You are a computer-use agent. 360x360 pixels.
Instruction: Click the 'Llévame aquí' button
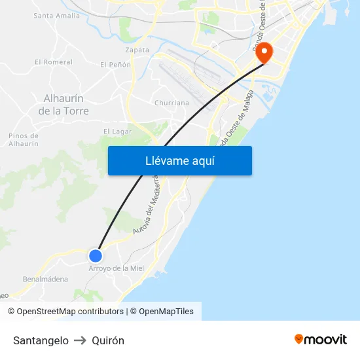179,160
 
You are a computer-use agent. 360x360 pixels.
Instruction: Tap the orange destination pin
264,53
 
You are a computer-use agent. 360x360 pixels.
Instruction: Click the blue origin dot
96,255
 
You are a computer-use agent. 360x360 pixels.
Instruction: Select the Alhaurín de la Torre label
63,105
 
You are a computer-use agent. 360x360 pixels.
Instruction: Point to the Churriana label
171,103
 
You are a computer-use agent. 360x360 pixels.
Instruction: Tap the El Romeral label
54,62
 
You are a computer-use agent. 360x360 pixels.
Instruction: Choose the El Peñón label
115,65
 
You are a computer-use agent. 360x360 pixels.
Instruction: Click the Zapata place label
137,49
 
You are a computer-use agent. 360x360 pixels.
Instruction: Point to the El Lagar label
117,132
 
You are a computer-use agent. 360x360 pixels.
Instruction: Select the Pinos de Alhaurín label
24,139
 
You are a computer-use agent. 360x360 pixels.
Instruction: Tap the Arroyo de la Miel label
116,268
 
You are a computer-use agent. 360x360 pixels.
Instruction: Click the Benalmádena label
45,279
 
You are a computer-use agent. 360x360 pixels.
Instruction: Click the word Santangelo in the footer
41,340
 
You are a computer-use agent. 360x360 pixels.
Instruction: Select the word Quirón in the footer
108,340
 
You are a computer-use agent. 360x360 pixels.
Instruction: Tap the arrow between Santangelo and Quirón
80,340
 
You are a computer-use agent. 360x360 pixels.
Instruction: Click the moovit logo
321,339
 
